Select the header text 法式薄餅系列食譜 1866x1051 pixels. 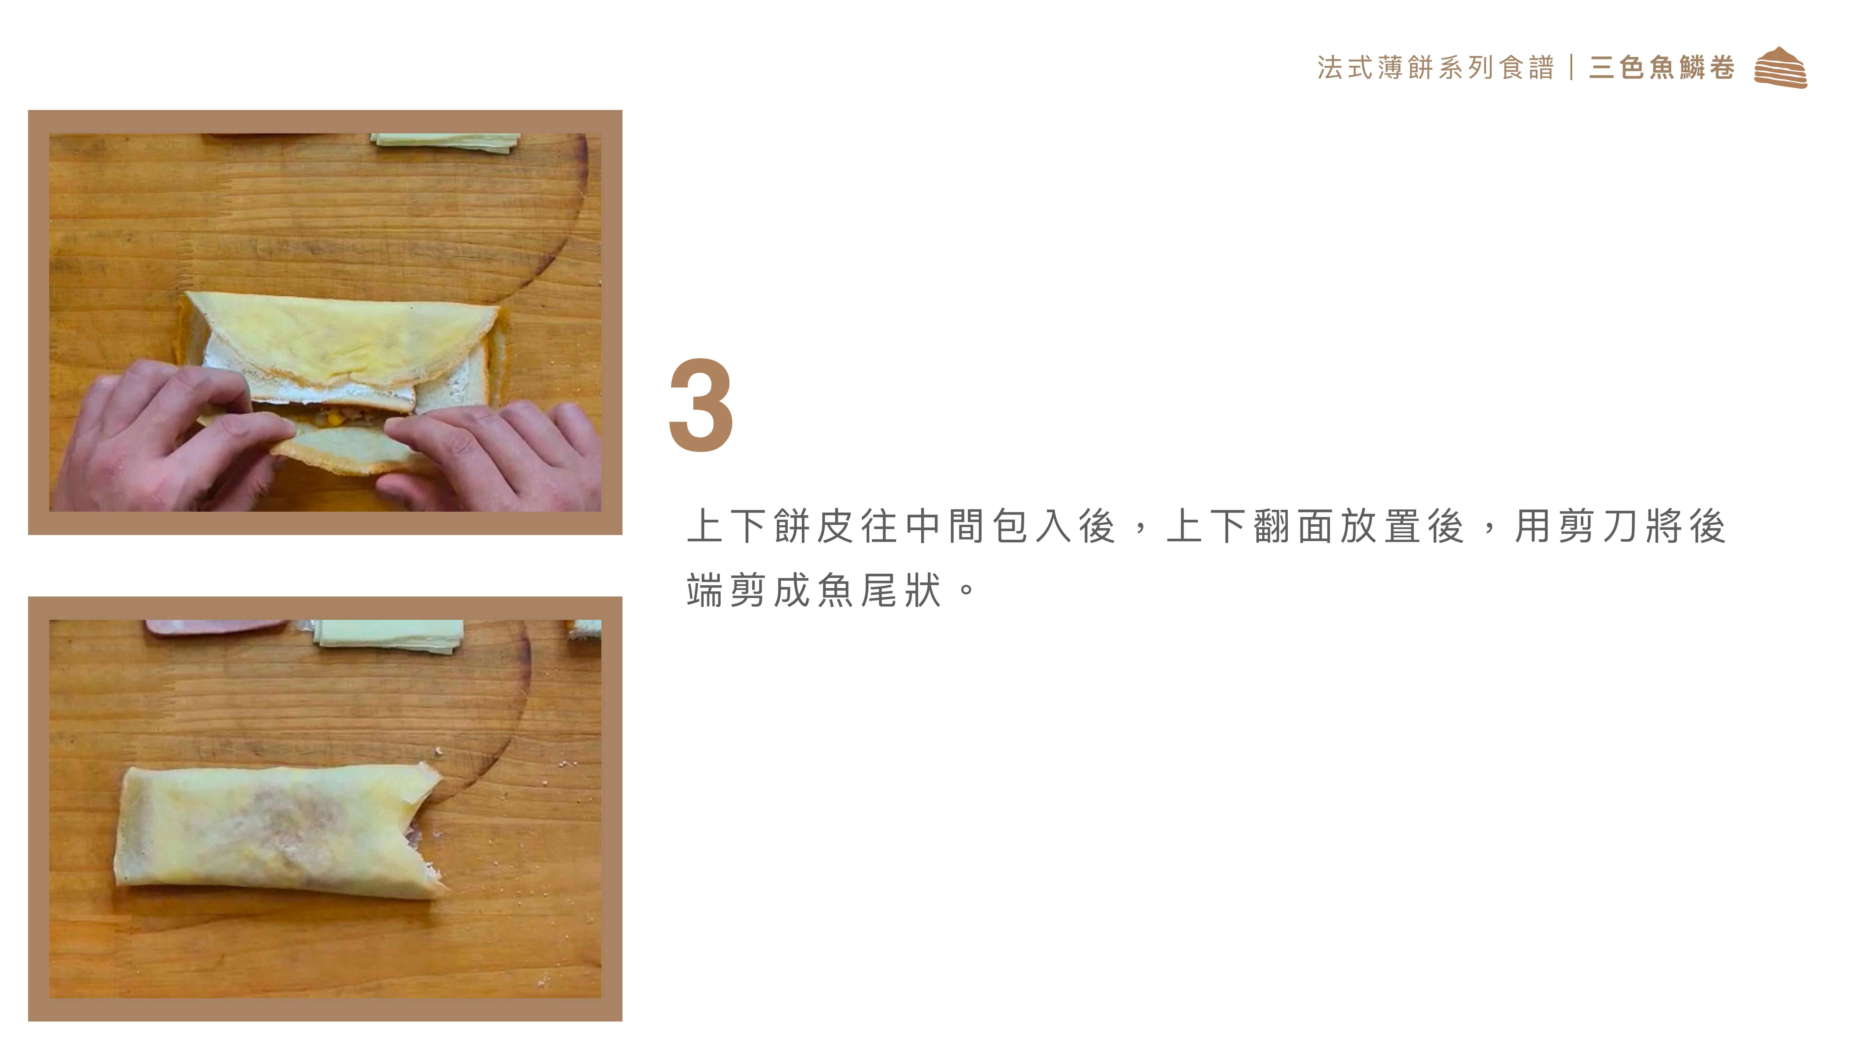1436,67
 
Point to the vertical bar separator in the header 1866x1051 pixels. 1571,67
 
